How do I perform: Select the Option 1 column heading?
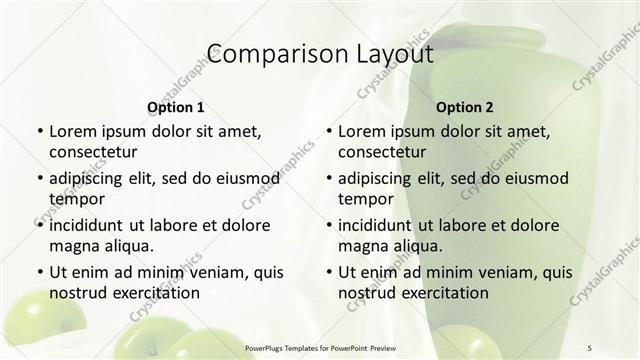[x=175, y=106]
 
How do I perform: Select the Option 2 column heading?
[x=465, y=106]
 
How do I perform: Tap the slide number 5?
[x=590, y=348]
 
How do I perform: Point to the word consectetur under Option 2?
[x=383, y=152]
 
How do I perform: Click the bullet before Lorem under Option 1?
[x=39, y=132]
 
